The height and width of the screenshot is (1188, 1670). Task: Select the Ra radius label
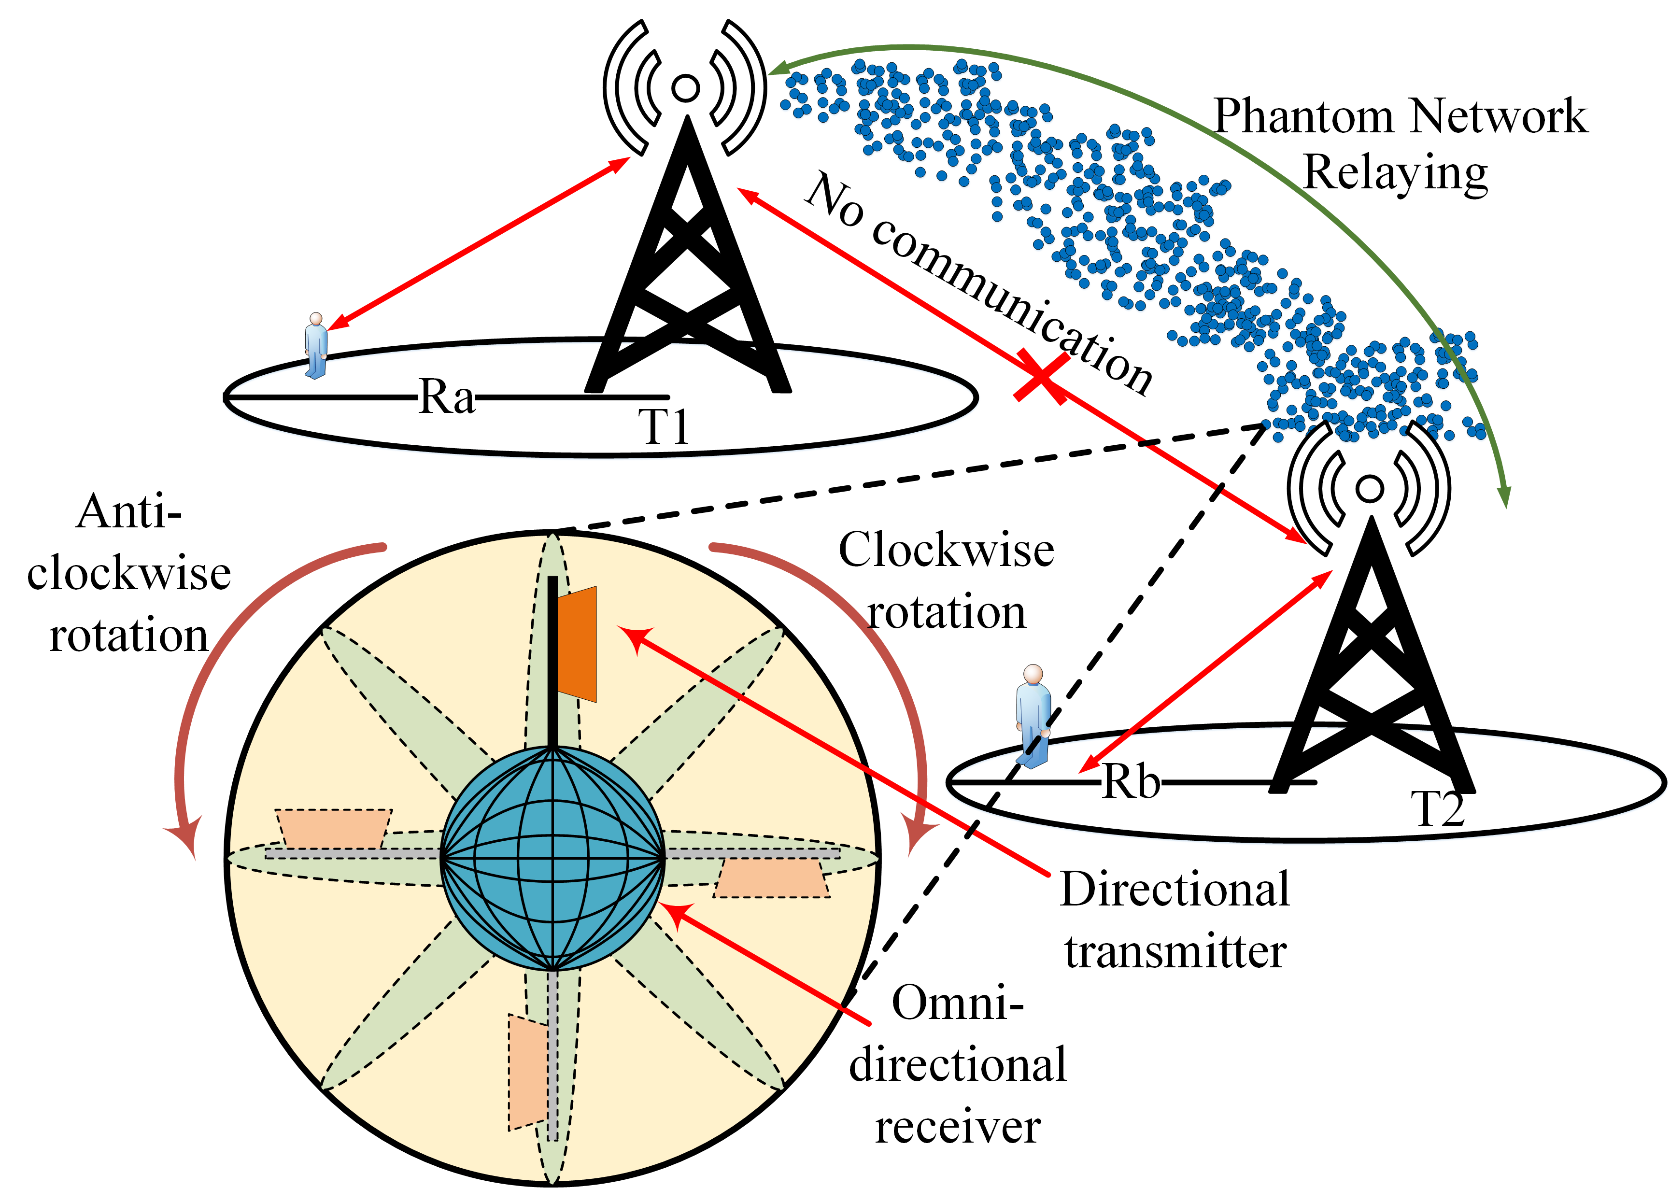(446, 398)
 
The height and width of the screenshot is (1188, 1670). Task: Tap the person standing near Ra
(316, 346)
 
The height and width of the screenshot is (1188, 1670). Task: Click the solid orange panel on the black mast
(578, 644)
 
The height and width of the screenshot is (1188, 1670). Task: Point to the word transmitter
(1175, 952)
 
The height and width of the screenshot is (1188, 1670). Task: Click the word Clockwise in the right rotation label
(946, 550)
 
